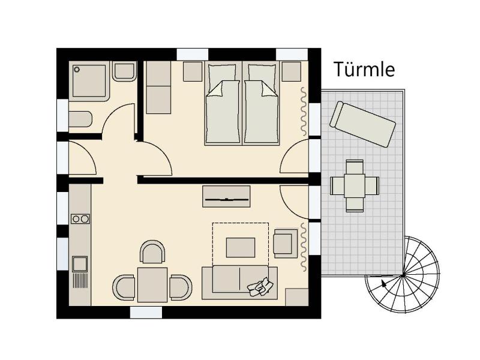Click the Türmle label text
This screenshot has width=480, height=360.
(364, 69)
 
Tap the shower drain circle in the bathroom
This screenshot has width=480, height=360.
(77, 70)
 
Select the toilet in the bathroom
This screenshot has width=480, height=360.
(124, 71)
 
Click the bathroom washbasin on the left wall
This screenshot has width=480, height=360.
(80, 119)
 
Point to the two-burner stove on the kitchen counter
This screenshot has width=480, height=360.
(80, 219)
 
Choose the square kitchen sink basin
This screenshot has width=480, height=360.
(80, 264)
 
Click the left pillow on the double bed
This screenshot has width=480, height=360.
(222, 77)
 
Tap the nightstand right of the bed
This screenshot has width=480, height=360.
(292, 71)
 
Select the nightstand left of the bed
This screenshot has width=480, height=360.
(193, 71)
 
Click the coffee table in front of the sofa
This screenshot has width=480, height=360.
(241, 247)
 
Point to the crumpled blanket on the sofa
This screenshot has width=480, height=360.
(260, 287)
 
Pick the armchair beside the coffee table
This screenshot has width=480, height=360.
(286, 244)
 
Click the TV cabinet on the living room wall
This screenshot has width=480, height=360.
(226, 196)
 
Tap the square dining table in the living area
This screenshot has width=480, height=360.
(152, 284)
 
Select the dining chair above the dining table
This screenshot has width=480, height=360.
(152, 251)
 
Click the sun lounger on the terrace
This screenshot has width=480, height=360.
(362, 124)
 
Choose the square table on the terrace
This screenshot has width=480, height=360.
(355, 186)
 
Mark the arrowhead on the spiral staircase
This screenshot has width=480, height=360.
(383, 283)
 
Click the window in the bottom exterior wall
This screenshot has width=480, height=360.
(146, 313)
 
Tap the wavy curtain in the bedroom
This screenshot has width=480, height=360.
(304, 112)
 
